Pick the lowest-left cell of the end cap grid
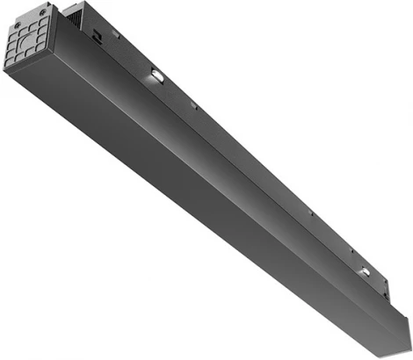[x=9, y=60]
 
